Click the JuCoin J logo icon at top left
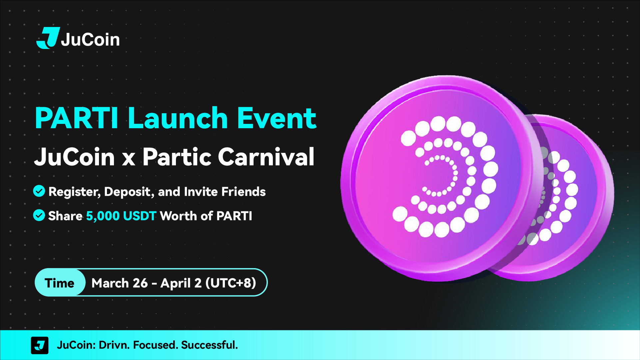[x=48, y=38]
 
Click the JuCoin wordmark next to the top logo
[x=90, y=40]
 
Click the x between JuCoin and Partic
[x=129, y=160]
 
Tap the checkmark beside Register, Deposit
[x=39, y=191]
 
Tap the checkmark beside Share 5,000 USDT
[x=39, y=215]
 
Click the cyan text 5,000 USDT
[x=121, y=216]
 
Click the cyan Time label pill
[x=60, y=282]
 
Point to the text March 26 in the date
[x=120, y=283]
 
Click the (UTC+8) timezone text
[x=231, y=283]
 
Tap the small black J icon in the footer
[x=40, y=345]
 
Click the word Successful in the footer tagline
[x=210, y=345]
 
